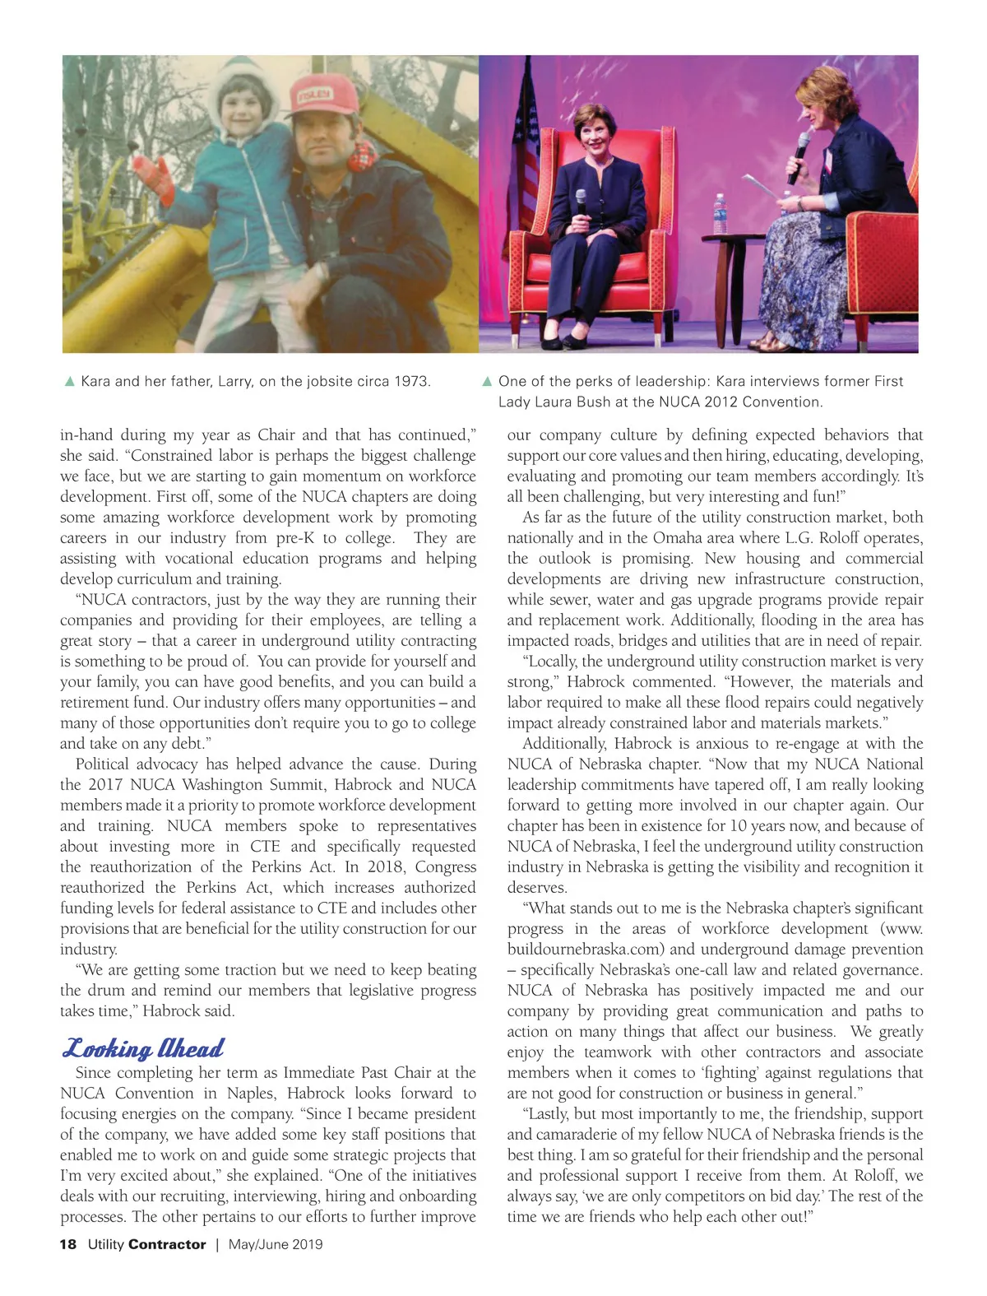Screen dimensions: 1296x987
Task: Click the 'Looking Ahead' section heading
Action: pos(143,1048)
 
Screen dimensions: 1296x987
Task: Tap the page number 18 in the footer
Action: pos(67,1244)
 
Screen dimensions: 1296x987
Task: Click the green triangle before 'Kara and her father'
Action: pos(70,382)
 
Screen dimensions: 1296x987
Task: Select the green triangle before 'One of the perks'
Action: pos(487,382)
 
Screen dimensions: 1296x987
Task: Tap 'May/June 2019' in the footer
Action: pos(276,1244)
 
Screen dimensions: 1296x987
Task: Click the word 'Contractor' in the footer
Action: pos(167,1244)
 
